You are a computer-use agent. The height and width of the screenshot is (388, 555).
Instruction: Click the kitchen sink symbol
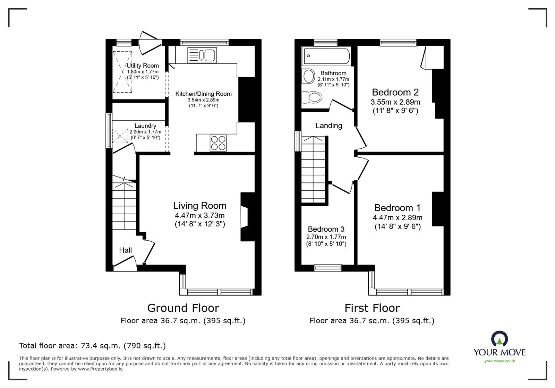pos(202,55)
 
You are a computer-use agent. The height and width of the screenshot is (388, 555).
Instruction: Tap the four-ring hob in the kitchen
pos(218,143)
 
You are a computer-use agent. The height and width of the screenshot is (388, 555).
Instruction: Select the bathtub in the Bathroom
pos(326,56)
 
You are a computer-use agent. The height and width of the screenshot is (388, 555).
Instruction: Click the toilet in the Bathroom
pos(311,97)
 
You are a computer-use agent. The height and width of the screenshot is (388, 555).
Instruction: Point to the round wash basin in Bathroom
pos(307,76)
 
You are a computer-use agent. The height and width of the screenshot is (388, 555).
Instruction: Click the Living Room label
pos(200,206)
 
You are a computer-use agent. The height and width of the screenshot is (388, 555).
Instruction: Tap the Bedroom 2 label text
pos(395,92)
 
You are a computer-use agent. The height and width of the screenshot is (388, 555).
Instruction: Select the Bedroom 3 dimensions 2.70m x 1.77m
pos(326,237)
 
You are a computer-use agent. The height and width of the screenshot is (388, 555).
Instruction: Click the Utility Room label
pos(143,66)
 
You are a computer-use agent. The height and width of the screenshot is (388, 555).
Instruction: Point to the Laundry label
pos(145,126)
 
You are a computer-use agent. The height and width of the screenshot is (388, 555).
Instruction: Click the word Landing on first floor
pos(328,126)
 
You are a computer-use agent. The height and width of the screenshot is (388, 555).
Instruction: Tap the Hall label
pos(125,250)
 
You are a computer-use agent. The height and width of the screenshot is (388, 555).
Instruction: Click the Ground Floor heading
pos(183,308)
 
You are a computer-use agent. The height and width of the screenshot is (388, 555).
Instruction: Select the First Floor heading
pos(372,308)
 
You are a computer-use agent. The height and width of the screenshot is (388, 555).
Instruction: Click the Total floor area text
pos(92,346)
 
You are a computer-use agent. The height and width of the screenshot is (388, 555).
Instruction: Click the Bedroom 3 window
pos(328,267)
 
